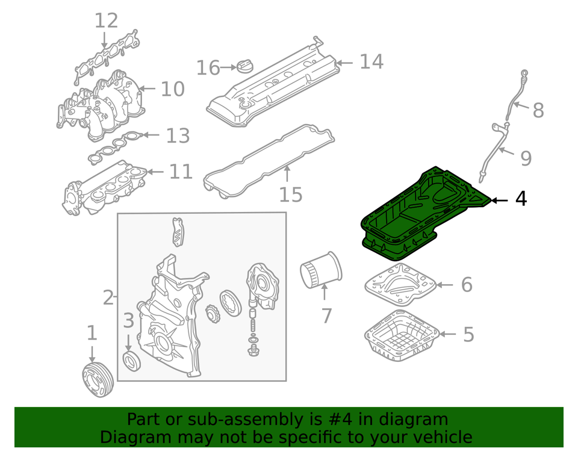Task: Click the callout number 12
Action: pyautogui.click(x=106, y=20)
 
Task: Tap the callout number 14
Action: pyautogui.click(x=371, y=61)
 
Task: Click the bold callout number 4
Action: pyautogui.click(x=521, y=199)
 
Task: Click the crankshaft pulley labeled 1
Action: pyautogui.click(x=98, y=380)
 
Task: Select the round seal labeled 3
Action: pyautogui.click(x=131, y=361)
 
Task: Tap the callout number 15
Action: pyautogui.click(x=290, y=194)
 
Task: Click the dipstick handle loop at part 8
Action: pyautogui.click(x=524, y=73)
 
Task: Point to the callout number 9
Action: pyautogui.click(x=526, y=158)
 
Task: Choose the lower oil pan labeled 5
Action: pyautogui.click(x=402, y=336)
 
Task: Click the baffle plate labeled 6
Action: pyautogui.click(x=400, y=284)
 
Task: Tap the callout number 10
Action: pyautogui.click(x=173, y=89)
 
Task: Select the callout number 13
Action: pyautogui.click(x=178, y=135)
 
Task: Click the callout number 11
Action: pyautogui.click(x=181, y=172)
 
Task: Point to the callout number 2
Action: pyautogui.click(x=108, y=297)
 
